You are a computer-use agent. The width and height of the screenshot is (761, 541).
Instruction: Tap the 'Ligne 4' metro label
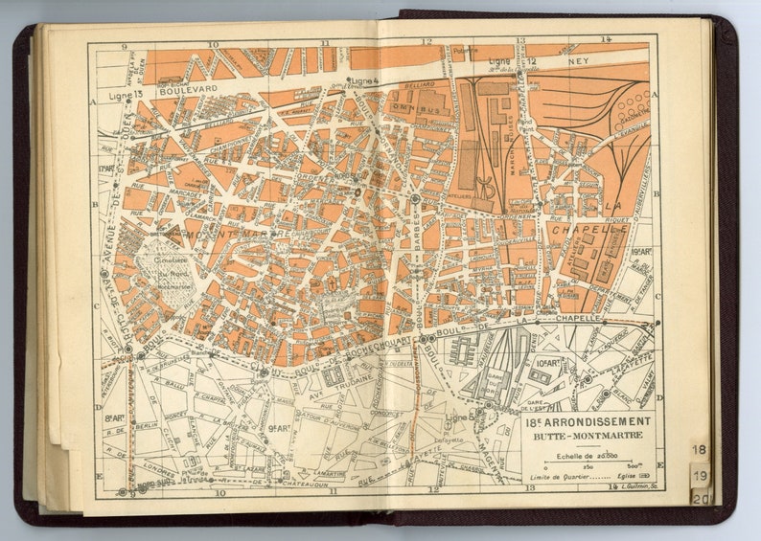point(364,80)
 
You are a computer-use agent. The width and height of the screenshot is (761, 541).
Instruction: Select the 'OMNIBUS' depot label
point(416,108)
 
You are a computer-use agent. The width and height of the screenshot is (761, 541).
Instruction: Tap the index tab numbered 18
point(700,449)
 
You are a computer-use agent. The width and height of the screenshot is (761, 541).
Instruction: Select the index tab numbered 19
point(700,475)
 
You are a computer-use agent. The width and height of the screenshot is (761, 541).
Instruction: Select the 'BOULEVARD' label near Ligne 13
point(189,88)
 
